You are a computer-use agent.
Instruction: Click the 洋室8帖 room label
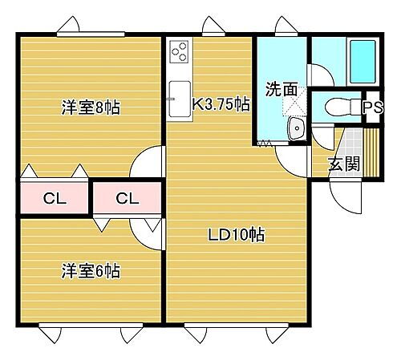coord(91,107)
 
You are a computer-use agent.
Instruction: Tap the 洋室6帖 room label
coord(91,271)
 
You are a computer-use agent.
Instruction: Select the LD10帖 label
coord(237,235)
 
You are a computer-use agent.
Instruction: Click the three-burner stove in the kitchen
coord(179,55)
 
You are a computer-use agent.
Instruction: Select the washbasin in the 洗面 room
coord(296,127)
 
